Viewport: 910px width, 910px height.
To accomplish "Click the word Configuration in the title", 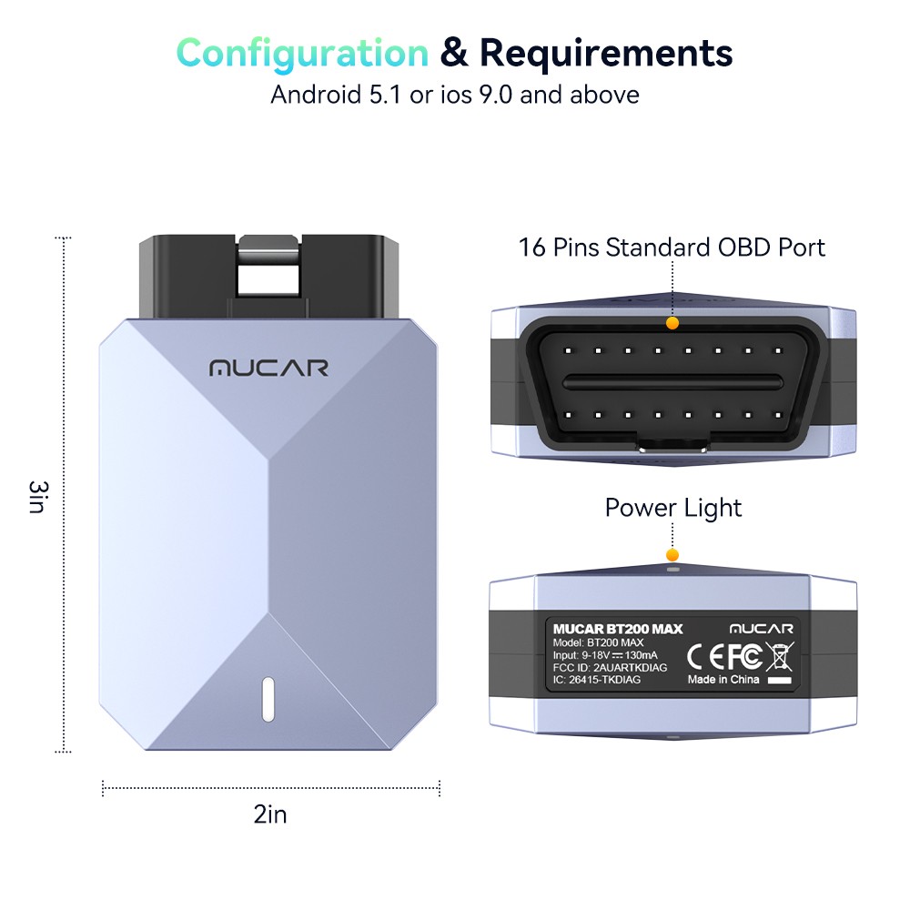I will pos(302,53).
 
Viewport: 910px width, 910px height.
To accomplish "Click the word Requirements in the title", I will pos(606,53).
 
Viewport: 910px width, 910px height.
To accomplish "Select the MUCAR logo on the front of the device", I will pos(268,369).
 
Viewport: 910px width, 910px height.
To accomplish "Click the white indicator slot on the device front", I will pos(268,699).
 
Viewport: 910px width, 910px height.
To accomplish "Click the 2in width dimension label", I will pos(270,814).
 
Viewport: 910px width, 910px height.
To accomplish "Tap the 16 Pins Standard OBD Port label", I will pos(672,247).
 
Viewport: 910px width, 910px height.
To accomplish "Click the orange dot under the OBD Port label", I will pos(672,322).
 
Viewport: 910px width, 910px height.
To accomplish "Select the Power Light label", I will pos(673,507).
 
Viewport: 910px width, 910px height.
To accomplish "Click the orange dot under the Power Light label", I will pos(672,554).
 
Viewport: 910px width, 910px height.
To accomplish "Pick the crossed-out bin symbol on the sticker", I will pos(779,655).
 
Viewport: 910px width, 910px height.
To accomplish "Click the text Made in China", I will pos(723,680).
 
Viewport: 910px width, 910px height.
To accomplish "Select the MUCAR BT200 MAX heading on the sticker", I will pos(617,629).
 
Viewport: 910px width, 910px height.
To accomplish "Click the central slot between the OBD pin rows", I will pos(672,380).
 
